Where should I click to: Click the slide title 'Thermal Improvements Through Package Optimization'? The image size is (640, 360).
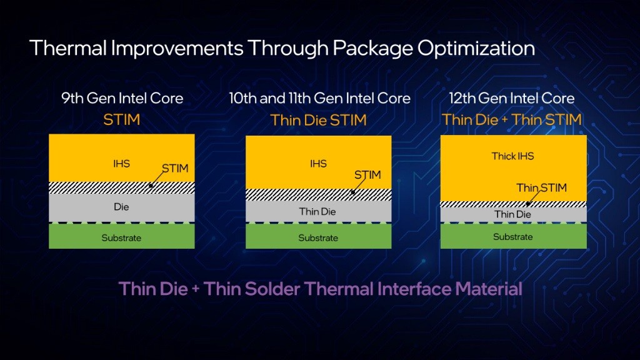point(281,48)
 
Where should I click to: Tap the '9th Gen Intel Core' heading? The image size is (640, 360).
point(122,98)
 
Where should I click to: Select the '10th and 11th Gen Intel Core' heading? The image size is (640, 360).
point(319,98)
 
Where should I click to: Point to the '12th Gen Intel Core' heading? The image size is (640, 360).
point(512,98)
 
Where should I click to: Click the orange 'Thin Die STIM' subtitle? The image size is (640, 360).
point(318,120)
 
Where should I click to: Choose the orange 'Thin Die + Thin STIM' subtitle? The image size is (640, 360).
point(512,119)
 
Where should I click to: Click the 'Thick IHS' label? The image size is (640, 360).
point(513,156)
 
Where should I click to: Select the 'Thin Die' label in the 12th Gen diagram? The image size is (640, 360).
point(513,214)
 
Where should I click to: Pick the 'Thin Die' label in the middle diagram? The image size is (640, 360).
point(317,212)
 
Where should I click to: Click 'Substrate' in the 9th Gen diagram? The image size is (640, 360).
point(122,237)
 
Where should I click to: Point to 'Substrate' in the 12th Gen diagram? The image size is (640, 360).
point(513,237)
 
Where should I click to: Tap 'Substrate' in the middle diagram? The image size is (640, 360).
point(318,238)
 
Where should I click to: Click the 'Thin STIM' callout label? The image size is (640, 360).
point(541,187)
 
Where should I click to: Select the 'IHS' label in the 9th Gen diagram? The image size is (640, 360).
point(122,164)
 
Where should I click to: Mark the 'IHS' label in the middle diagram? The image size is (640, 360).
point(318,164)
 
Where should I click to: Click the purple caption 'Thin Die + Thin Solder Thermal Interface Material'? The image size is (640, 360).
point(320,289)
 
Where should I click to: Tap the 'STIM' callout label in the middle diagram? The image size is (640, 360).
point(367,175)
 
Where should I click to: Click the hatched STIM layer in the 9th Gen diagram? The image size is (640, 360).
point(94,187)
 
